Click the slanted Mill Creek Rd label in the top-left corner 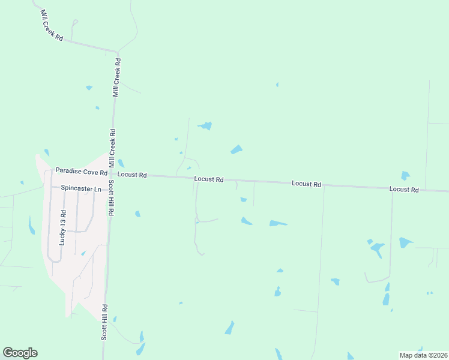(52, 25)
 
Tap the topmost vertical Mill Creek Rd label (118, 77)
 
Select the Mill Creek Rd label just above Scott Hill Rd (112, 148)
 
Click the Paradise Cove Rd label (81, 171)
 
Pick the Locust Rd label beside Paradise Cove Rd (132, 175)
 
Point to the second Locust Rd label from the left (209, 179)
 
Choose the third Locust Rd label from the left (306, 184)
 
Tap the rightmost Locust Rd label (403, 189)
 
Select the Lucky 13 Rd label (62, 228)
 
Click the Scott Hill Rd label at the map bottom (104, 323)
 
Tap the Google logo (20, 353)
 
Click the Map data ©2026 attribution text (423, 355)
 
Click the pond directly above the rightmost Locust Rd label (405, 176)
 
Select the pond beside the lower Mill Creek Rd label (121, 163)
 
